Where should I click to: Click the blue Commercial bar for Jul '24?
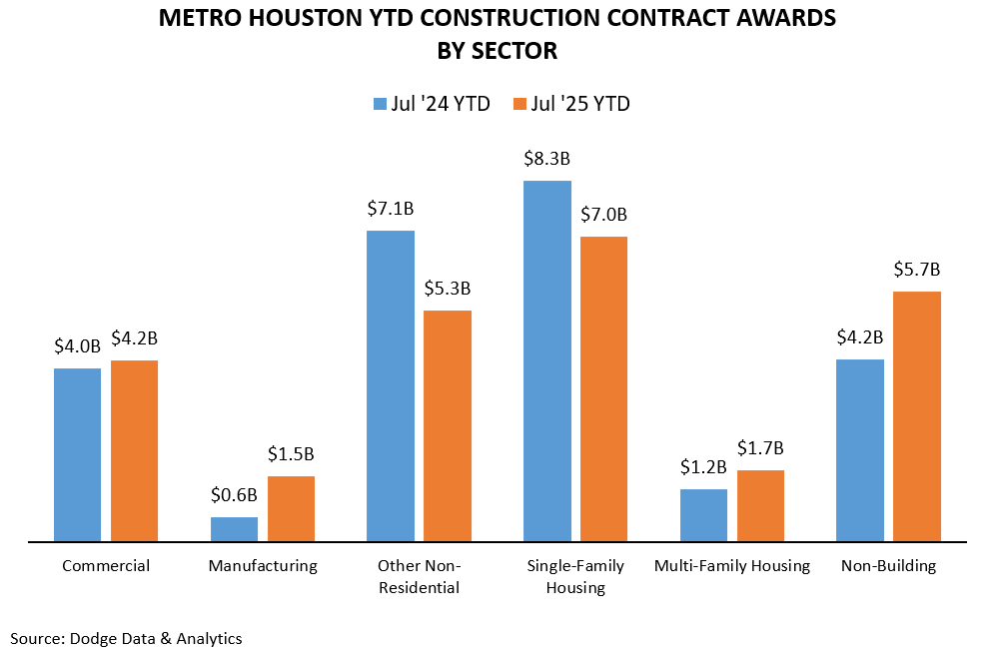(77, 454)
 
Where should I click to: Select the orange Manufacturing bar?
(291, 509)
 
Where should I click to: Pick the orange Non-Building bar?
(917, 416)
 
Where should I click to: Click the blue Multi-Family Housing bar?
(703, 515)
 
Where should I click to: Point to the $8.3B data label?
(546, 159)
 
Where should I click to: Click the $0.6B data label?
(234, 494)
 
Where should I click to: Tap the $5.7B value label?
(917, 270)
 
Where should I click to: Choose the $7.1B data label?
(391, 209)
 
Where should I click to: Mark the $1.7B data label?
(760, 447)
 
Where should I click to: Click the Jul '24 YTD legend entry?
(432, 104)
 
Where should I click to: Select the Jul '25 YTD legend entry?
(571, 104)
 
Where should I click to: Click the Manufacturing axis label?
(263, 566)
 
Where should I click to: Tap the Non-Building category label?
(888, 566)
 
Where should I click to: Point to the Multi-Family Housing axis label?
(731, 566)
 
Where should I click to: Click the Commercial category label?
(106, 566)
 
